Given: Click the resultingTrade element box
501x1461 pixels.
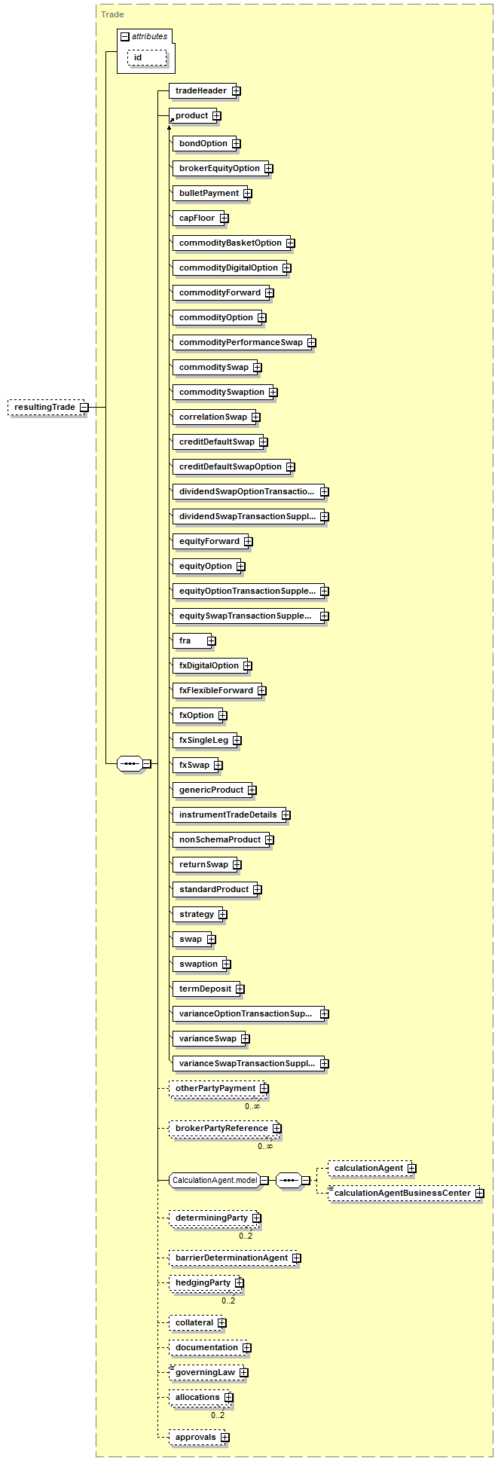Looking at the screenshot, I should click(44, 408).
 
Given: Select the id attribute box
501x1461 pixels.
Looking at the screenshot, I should click(146, 58).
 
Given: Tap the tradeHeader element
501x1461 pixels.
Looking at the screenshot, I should click(200, 91).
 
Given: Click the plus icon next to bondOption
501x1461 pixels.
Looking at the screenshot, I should click(236, 144).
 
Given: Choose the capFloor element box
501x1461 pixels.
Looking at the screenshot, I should click(197, 219).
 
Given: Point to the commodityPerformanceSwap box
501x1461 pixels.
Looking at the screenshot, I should click(240, 343).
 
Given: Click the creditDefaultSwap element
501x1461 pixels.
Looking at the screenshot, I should click(216, 442).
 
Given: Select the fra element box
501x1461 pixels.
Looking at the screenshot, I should click(188, 641).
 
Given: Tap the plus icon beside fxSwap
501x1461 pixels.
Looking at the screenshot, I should click(218, 766).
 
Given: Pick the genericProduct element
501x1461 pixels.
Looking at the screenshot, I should click(211, 790).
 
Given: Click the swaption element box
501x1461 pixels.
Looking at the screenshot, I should click(198, 964).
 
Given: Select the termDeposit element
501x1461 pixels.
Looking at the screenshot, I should click(205, 989).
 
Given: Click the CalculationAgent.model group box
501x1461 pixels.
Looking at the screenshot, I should click(215, 1181).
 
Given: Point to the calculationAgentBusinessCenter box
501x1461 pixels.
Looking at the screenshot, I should click(402, 1194).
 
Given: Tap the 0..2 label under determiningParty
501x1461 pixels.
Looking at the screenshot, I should click(246, 1236).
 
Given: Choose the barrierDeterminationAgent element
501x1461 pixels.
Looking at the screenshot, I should click(231, 1258).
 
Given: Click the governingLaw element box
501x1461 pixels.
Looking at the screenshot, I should click(205, 1373).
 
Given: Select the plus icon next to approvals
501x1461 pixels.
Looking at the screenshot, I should click(225, 1438).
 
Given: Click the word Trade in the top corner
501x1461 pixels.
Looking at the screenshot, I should click(112, 14).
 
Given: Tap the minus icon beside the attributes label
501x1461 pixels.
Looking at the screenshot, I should click(124, 36).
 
